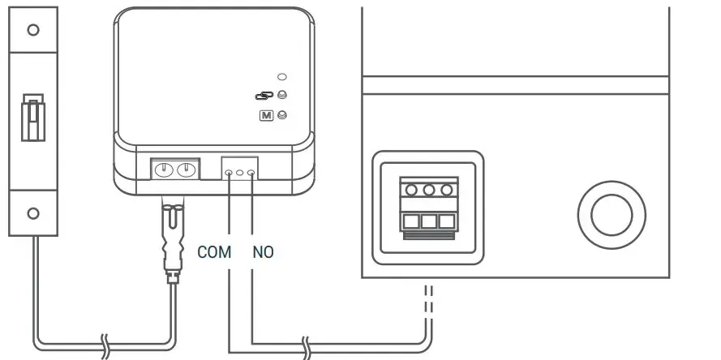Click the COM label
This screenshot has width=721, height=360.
click(214, 252)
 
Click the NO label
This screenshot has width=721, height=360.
click(263, 252)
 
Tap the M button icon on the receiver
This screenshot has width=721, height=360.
click(266, 115)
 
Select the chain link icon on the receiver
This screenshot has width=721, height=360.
click(264, 96)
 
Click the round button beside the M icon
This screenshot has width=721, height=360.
click(282, 115)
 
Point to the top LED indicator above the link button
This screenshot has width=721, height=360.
click(282, 77)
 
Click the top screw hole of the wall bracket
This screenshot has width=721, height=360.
click(33, 30)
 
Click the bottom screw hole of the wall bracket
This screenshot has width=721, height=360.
click(33, 213)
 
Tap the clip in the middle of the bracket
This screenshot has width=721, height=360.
click(33, 118)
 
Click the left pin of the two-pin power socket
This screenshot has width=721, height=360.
click(164, 170)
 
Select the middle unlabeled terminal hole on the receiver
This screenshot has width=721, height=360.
click(239, 173)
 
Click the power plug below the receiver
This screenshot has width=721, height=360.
click(172, 239)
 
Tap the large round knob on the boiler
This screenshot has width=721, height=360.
click(612, 215)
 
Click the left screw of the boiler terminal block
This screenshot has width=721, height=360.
click(411, 190)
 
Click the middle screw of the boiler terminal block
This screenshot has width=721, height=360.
click(429, 190)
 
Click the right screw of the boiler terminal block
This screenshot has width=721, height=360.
click(447, 190)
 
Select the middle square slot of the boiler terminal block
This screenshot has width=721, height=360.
click(429, 221)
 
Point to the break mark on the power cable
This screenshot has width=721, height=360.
click(105, 345)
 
